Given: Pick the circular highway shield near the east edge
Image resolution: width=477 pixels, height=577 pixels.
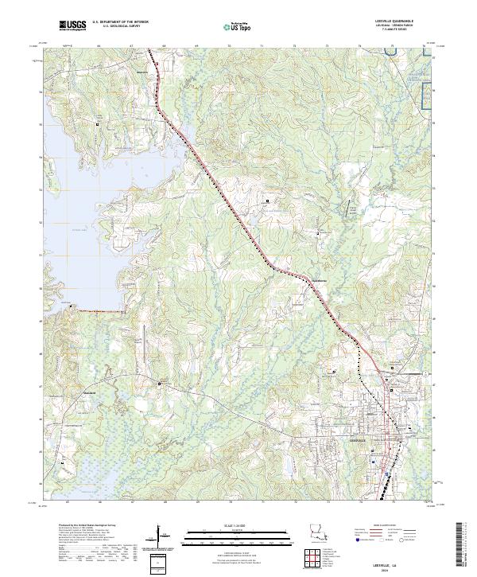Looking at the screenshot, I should (x=426, y=372).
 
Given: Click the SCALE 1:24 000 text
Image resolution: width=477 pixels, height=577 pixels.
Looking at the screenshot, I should (x=238, y=524).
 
